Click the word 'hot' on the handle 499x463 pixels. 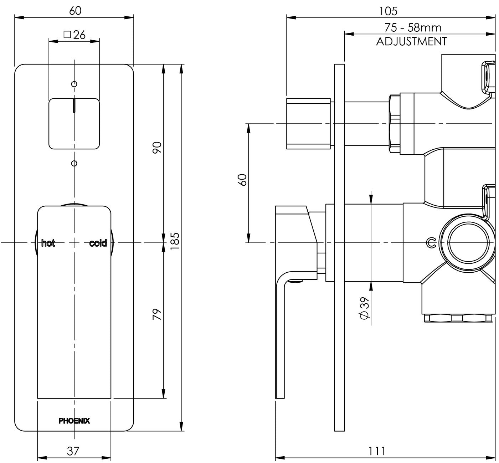pyautogui.click(x=48, y=243)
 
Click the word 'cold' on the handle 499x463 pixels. pyautogui.click(x=98, y=243)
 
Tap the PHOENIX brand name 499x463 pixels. pyautogui.click(x=74, y=421)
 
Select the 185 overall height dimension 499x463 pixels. pyautogui.click(x=175, y=241)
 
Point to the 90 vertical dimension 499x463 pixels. pyautogui.click(x=157, y=148)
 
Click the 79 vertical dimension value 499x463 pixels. pyautogui.click(x=157, y=314)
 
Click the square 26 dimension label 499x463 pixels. pyautogui.click(x=74, y=35)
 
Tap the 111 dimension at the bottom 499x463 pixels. pyautogui.click(x=377, y=451)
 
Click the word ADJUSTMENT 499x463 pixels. pyautogui.click(x=411, y=41)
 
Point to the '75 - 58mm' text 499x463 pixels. pyautogui.click(x=413, y=27)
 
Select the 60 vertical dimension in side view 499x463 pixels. pyautogui.click(x=243, y=180)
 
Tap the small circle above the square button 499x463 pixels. pyautogui.click(x=74, y=84)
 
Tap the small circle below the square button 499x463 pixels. pyautogui.click(x=74, y=163)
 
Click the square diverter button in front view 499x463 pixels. pyautogui.click(x=74, y=124)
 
